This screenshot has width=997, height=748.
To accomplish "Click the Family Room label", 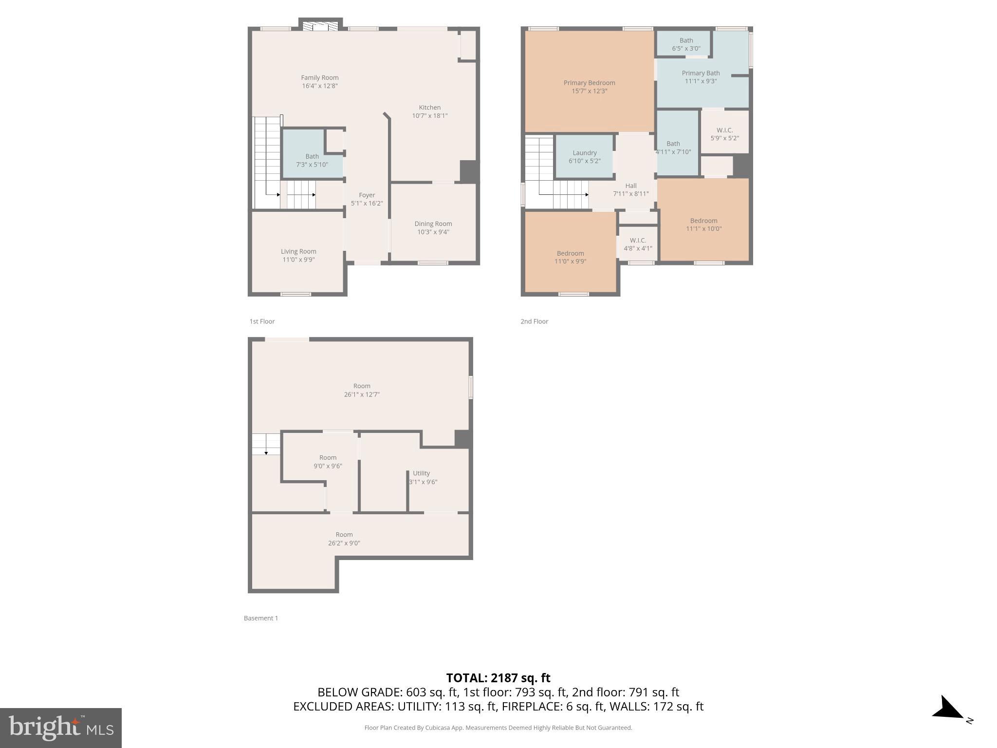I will tap(319, 77).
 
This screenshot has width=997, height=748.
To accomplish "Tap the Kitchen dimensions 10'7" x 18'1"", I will tap(429, 116).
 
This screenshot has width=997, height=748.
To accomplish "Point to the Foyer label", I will tap(367, 195).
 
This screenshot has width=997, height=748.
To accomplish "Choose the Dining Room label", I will tap(433, 224).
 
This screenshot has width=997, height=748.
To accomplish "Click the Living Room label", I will tap(298, 251).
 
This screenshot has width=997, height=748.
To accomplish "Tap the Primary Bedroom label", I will tap(589, 83).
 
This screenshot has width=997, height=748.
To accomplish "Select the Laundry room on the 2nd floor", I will tap(584, 156).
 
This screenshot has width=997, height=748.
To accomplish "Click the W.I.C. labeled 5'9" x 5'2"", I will tap(724, 134).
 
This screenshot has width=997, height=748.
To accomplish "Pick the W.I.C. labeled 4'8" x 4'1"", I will tap(638, 244).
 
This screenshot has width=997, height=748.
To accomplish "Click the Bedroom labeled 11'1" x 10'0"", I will tap(703, 224).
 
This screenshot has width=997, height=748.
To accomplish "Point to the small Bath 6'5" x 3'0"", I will tap(686, 44).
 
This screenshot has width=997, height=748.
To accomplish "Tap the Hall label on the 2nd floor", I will tap(630, 186).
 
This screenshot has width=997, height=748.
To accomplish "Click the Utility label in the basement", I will tap(421, 473).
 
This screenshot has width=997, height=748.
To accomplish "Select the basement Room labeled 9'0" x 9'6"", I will tap(328, 461).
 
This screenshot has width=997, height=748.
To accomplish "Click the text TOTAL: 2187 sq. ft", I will tap(498, 677).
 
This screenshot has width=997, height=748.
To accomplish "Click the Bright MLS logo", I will tap(61, 728).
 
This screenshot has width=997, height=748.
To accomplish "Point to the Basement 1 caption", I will tap(260, 618).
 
